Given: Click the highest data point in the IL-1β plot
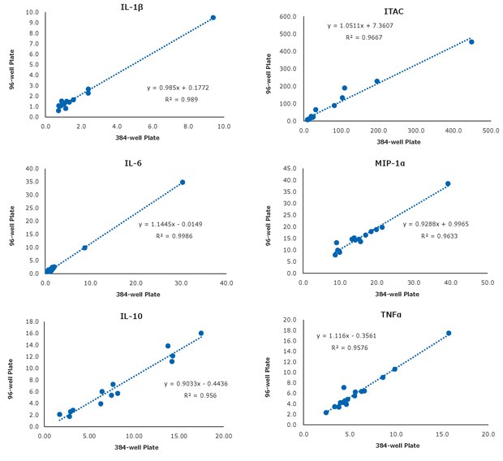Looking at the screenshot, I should point(213,17).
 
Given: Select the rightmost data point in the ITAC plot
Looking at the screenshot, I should point(471,41).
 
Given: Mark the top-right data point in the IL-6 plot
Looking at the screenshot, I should point(183,182).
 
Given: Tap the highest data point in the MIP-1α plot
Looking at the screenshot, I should point(448,183).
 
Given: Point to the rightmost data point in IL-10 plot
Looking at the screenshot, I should point(201,333).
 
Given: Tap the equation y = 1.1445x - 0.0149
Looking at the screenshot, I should point(172,224).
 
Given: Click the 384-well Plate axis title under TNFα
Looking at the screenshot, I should point(395,446).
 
